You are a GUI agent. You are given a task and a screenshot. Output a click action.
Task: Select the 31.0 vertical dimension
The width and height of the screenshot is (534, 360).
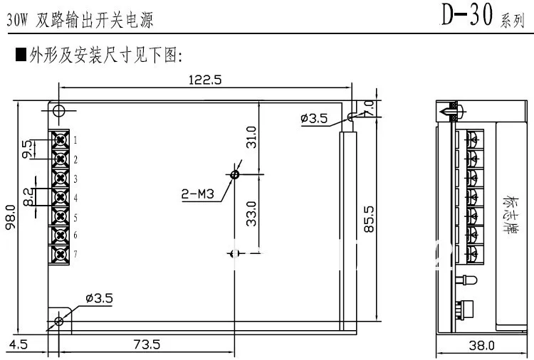coord(251,135)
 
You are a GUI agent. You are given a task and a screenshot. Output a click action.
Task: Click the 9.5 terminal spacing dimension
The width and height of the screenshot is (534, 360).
coord(27,149)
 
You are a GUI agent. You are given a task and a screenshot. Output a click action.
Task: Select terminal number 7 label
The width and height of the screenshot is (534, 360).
coord(75,254)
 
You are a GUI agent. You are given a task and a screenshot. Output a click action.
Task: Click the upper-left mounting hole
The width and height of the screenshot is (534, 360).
coord(59,110)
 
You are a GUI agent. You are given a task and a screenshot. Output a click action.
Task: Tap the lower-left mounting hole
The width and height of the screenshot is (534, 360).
coord(59,322)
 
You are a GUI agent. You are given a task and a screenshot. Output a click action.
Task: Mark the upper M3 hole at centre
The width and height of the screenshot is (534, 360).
coord(236,174)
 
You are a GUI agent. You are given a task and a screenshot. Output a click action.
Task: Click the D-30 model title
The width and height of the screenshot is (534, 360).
coord(466,16)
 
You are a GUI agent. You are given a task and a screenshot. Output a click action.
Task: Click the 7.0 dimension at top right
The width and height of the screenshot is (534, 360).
coord(370,107)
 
